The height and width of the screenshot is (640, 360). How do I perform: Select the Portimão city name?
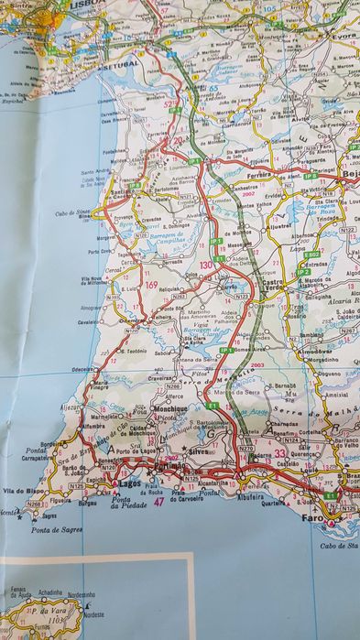pyautogui.click(x=170, y=467)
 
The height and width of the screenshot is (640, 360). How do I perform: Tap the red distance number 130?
pyautogui.click(x=206, y=265)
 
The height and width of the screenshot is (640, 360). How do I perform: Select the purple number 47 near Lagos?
pyautogui.click(x=159, y=503)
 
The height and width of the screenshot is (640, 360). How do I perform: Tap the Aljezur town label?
pyautogui.click(x=71, y=405)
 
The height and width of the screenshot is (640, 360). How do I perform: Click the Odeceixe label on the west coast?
pyautogui.click(x=84, y=369)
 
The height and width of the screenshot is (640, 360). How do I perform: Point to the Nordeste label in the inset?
pyautogui.click(x=93, y=614)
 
